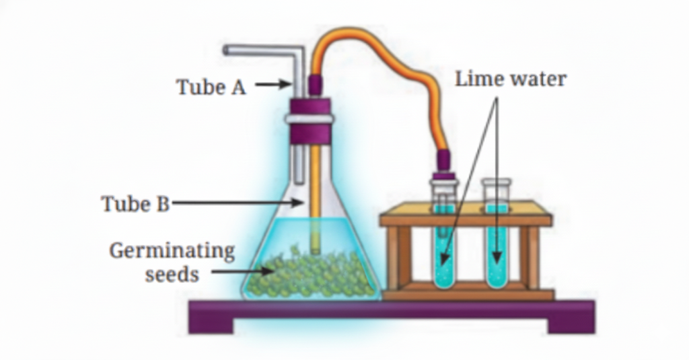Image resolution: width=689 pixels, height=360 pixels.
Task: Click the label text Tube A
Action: tap(211, 87)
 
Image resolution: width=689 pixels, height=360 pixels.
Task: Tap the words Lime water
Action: tap(511, 79)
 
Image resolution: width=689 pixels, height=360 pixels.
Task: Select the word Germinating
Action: tap(172, 252)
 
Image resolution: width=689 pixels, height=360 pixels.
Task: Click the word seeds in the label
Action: tap(172, 275)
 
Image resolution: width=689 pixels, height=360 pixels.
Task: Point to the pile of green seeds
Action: tap(310, 276)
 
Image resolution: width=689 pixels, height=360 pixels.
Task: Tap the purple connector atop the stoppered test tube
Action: tap(444, 162)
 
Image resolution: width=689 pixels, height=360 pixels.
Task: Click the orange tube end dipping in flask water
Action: tap(314, 236)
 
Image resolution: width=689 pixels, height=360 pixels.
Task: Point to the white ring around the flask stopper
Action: tap(310, 118)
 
